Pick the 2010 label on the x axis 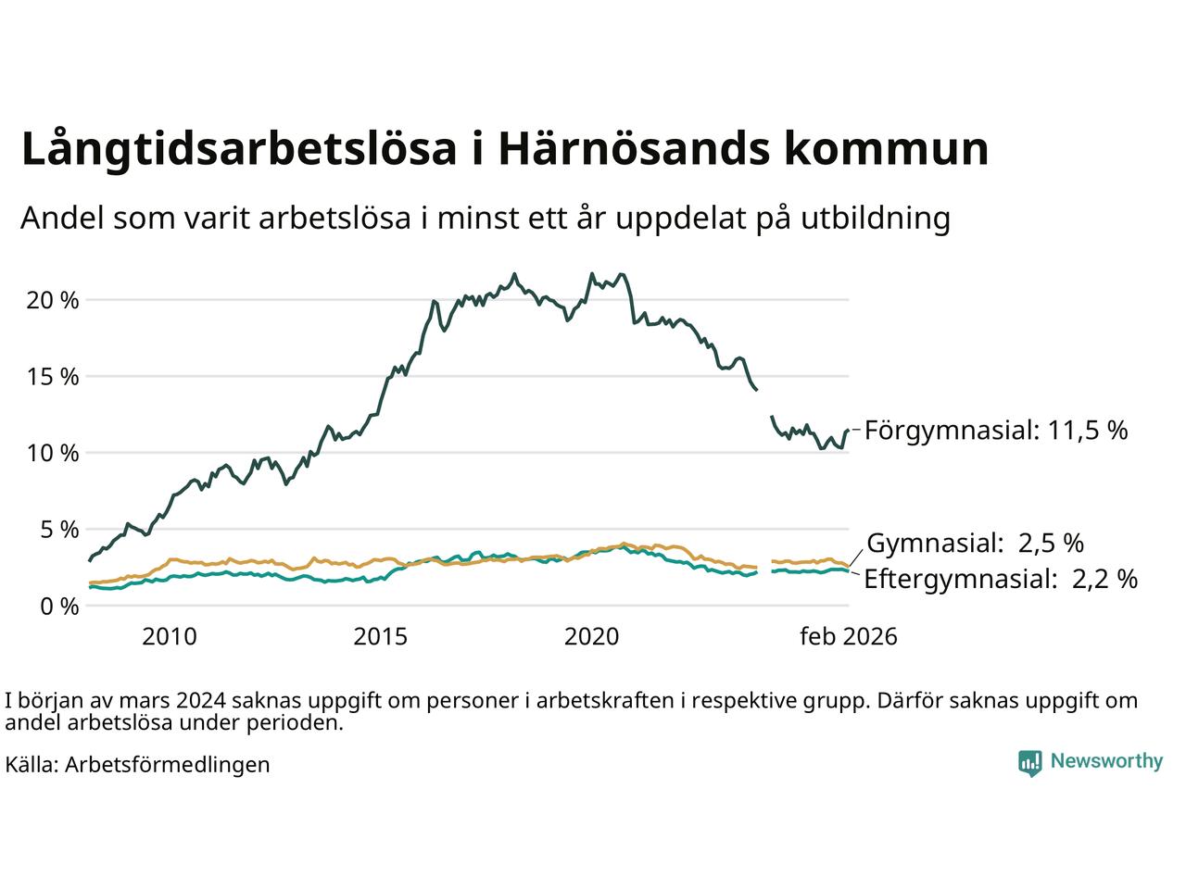[170, 637]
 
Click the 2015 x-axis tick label [381, 637]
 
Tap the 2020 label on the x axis [591, 637]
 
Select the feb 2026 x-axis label [849, 637]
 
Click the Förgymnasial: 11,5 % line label [996, 431]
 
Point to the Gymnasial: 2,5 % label [975, 543]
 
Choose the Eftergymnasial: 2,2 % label [1001, 580]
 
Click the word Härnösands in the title [631, 149]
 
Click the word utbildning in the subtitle [877, 219]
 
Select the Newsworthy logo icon [1029, 762]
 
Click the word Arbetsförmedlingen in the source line [168, 765]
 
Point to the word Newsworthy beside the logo [1106, 761]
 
